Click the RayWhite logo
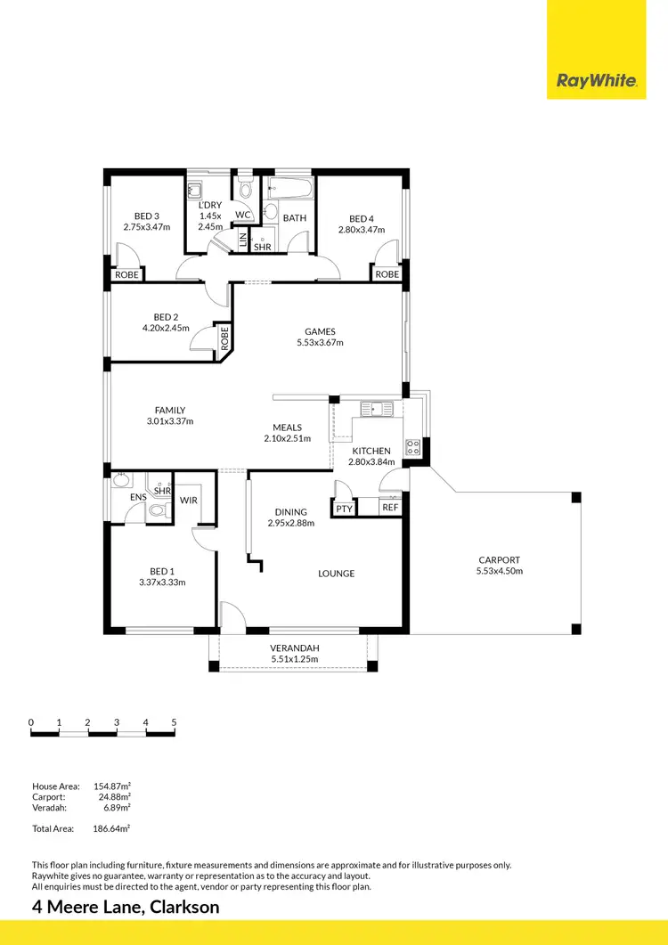596,81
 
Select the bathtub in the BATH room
290,189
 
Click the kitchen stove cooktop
413,447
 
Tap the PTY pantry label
344,508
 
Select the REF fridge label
390,508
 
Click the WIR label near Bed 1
188,501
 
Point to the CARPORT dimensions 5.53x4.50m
498,571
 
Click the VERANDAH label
294,648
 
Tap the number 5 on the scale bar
174,722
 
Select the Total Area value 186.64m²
111,828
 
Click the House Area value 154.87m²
112,786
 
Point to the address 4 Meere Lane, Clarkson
125,908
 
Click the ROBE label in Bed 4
387,274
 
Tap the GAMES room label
319,330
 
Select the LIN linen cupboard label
244,240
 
